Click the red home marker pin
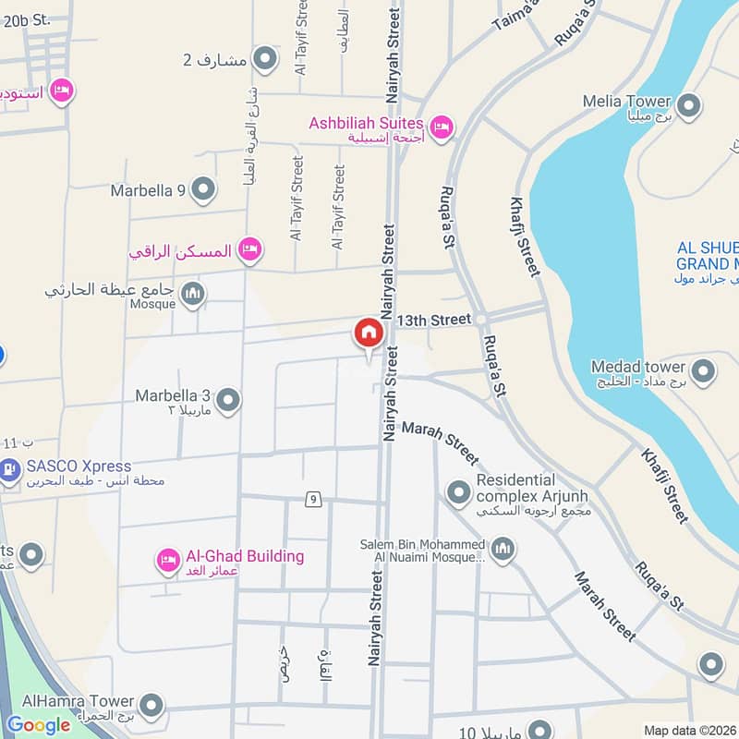(368, 333)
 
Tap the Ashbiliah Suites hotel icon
(442, 127)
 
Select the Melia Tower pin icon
(687, 106)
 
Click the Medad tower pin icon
(704, 371)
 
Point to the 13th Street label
(434, 320)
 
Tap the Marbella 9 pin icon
(204, 191)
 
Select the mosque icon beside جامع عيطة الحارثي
(193, 295)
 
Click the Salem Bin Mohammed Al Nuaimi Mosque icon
(503, 551)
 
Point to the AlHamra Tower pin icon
(153, 708)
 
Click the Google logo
(39, 725)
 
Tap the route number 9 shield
(315, 500)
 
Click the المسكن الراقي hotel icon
(248, 248)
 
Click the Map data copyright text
(689, 730)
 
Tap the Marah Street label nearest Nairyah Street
(441, 443)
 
